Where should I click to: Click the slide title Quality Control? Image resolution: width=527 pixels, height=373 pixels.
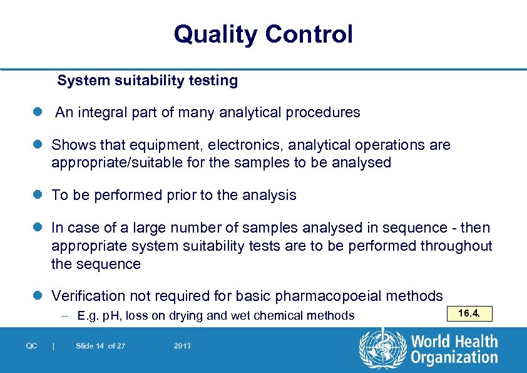coord(263,34)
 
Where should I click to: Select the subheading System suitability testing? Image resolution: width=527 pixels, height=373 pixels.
coord(148,81)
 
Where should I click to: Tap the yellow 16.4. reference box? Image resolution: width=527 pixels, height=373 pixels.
coord(469,313)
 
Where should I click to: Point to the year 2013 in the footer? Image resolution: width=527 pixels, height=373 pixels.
coord(182,346)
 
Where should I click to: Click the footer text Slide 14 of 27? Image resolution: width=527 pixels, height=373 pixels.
coord(100,346)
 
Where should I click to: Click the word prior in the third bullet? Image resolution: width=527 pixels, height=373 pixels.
coord(178,195)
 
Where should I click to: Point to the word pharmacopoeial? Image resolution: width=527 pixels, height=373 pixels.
coord(321,296)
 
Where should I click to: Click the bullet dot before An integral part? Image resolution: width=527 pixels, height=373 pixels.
coord(38,113)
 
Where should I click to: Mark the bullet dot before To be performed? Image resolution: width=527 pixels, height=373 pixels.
coord(38,195)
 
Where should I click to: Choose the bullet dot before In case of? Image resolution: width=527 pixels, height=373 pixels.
coord(38,228)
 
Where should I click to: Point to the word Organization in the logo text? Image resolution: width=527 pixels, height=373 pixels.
coord(454,358)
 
